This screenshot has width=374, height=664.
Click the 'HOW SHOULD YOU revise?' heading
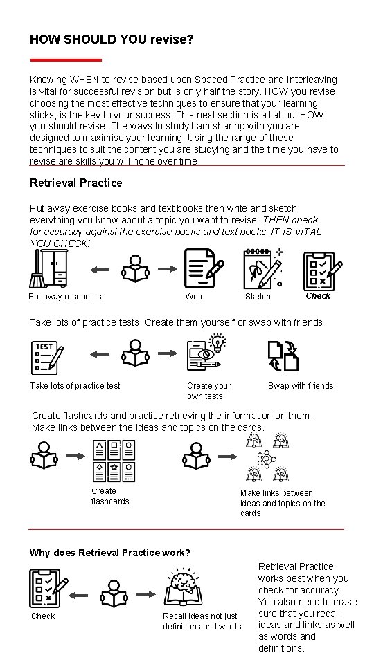[x=112, y=39]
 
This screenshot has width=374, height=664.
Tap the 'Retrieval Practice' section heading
[x=76, y=183]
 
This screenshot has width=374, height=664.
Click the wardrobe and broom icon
[x=48, y=268]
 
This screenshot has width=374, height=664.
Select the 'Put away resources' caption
[x=65, y=297]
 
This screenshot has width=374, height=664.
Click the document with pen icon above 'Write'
[x=204, y=268]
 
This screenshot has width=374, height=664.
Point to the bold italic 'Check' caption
[x=318, y=296]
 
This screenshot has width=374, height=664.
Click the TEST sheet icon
[x=48, y=358]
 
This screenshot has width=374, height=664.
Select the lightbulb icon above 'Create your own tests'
[x=218, y=342]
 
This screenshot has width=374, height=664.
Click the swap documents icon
[x=283, y=356]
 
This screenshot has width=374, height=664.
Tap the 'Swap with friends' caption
[x=301, y=386]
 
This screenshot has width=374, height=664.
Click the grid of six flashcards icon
[x=114, y=461]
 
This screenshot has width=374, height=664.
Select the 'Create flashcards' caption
[x=110, y=496]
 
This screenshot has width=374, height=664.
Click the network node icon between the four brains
[x=266, y=459]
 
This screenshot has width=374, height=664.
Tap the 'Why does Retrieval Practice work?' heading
[x=110, y=553]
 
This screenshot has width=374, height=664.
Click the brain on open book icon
[x=183, y=587]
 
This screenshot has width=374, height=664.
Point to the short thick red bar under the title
[x=66, y=60]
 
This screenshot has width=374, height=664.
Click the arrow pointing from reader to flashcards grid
[x=75, y=456]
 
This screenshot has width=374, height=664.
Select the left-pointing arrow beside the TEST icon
[x=100, y=354]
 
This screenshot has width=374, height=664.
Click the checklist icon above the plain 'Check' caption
[x=48, y=588]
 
